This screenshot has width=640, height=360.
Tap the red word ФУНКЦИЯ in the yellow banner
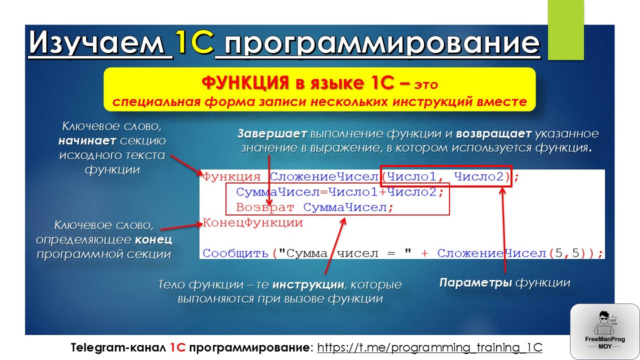(245, 83)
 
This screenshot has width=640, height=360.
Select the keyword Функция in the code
(232, 177)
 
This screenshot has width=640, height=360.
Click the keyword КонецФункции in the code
(253, 223)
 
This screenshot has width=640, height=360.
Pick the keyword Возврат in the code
(265, 207)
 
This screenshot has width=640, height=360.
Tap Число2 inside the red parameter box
(479, 176)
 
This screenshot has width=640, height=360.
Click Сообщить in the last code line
(235, 253)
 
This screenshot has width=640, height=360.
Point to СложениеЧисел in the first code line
(324, 177)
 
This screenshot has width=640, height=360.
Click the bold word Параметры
(475, 283)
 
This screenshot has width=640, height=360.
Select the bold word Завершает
(272, 134)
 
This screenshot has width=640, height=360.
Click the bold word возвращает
(493, 134)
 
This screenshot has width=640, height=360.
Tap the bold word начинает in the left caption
(87, 141)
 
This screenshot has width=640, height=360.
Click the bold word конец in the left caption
(154, 240)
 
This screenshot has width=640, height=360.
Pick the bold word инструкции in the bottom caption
(308, 285)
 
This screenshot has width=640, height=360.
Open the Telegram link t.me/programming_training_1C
(430, 347)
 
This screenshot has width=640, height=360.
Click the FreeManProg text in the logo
(605, 339)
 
